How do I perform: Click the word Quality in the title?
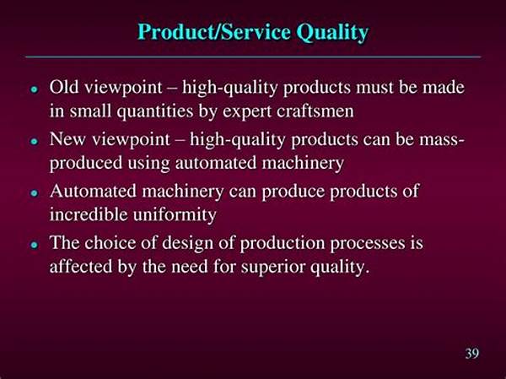(x=332, y=33)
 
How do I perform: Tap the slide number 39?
(x=472, y=353)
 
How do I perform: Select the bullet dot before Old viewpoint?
(x=34, y=89)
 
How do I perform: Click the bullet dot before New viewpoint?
(x=34, y=141)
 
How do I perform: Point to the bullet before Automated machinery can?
(x=34, y=193)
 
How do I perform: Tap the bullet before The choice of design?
(x=34, y=245)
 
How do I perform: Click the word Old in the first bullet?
(x=64, y=87)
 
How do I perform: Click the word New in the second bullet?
(x=67, y=139)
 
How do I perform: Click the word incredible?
(x=89, y=214)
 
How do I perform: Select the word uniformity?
(x=175, y=215)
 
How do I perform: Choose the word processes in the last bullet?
(x=368, y=244)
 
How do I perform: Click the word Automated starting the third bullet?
(x=93, y=191)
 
